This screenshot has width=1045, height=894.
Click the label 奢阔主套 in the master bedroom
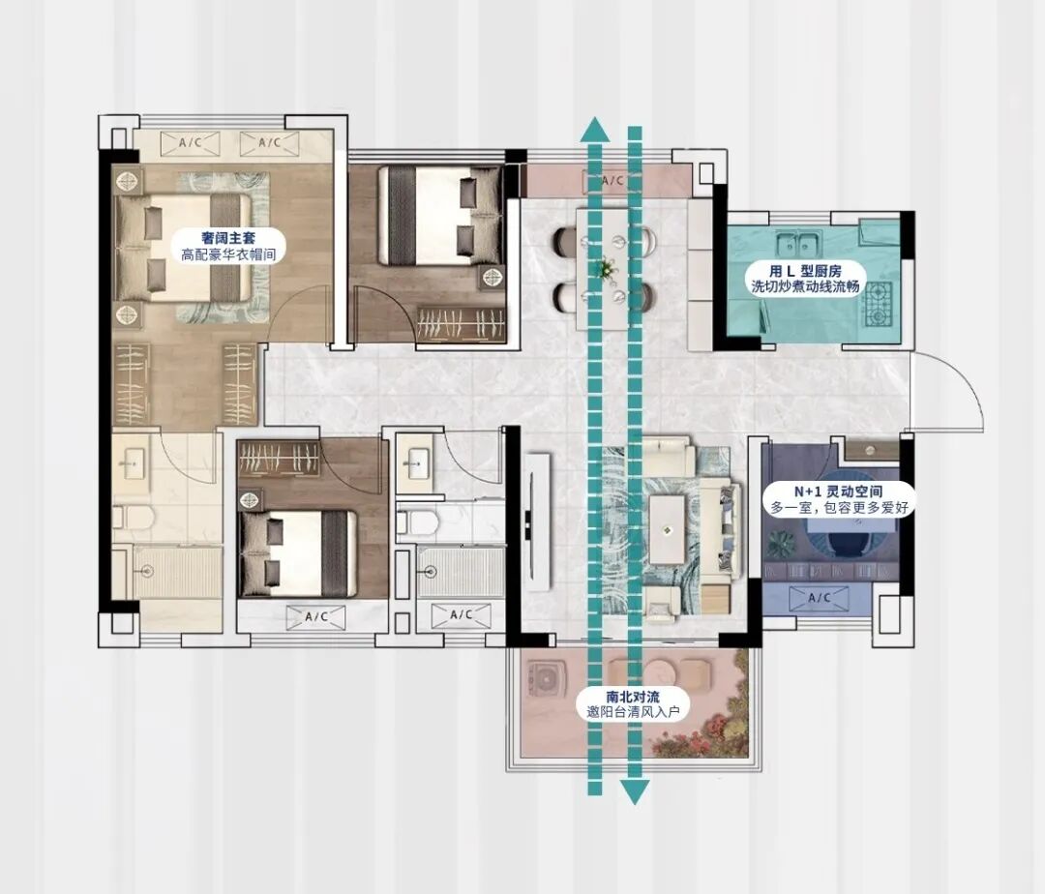pos(228,237)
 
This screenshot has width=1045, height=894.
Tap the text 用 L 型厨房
pos(805,271)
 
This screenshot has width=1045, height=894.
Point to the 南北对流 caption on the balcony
pos(633,697)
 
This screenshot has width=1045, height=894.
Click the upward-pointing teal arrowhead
pos(594,129)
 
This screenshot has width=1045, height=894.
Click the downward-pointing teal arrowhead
pos(635,792)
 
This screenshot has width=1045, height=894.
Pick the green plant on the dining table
pos(606,268)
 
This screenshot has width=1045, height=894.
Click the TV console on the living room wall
pos(537,521)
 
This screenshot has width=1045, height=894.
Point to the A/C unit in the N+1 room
pos(820,598)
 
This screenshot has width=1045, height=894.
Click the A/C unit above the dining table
pos(612,181)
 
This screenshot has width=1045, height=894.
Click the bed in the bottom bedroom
pos(298,552)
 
